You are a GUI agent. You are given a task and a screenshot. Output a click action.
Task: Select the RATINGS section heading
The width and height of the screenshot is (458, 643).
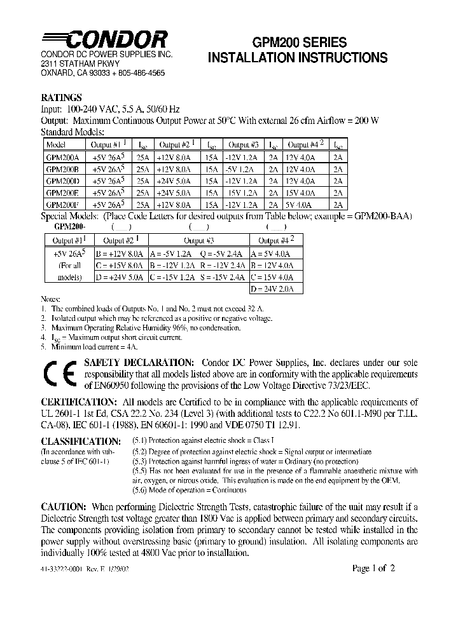tap(61, 98)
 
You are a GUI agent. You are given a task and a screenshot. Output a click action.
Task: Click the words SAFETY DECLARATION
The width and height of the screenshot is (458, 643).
tap(135, 362)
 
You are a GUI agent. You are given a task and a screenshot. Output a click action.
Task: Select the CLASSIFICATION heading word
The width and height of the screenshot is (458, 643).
tap(80, 441)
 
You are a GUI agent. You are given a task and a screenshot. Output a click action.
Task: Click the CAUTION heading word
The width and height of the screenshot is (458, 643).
tap(64, 507)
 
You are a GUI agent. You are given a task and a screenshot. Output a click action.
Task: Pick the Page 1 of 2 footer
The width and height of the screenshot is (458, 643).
tap(374, 569)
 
